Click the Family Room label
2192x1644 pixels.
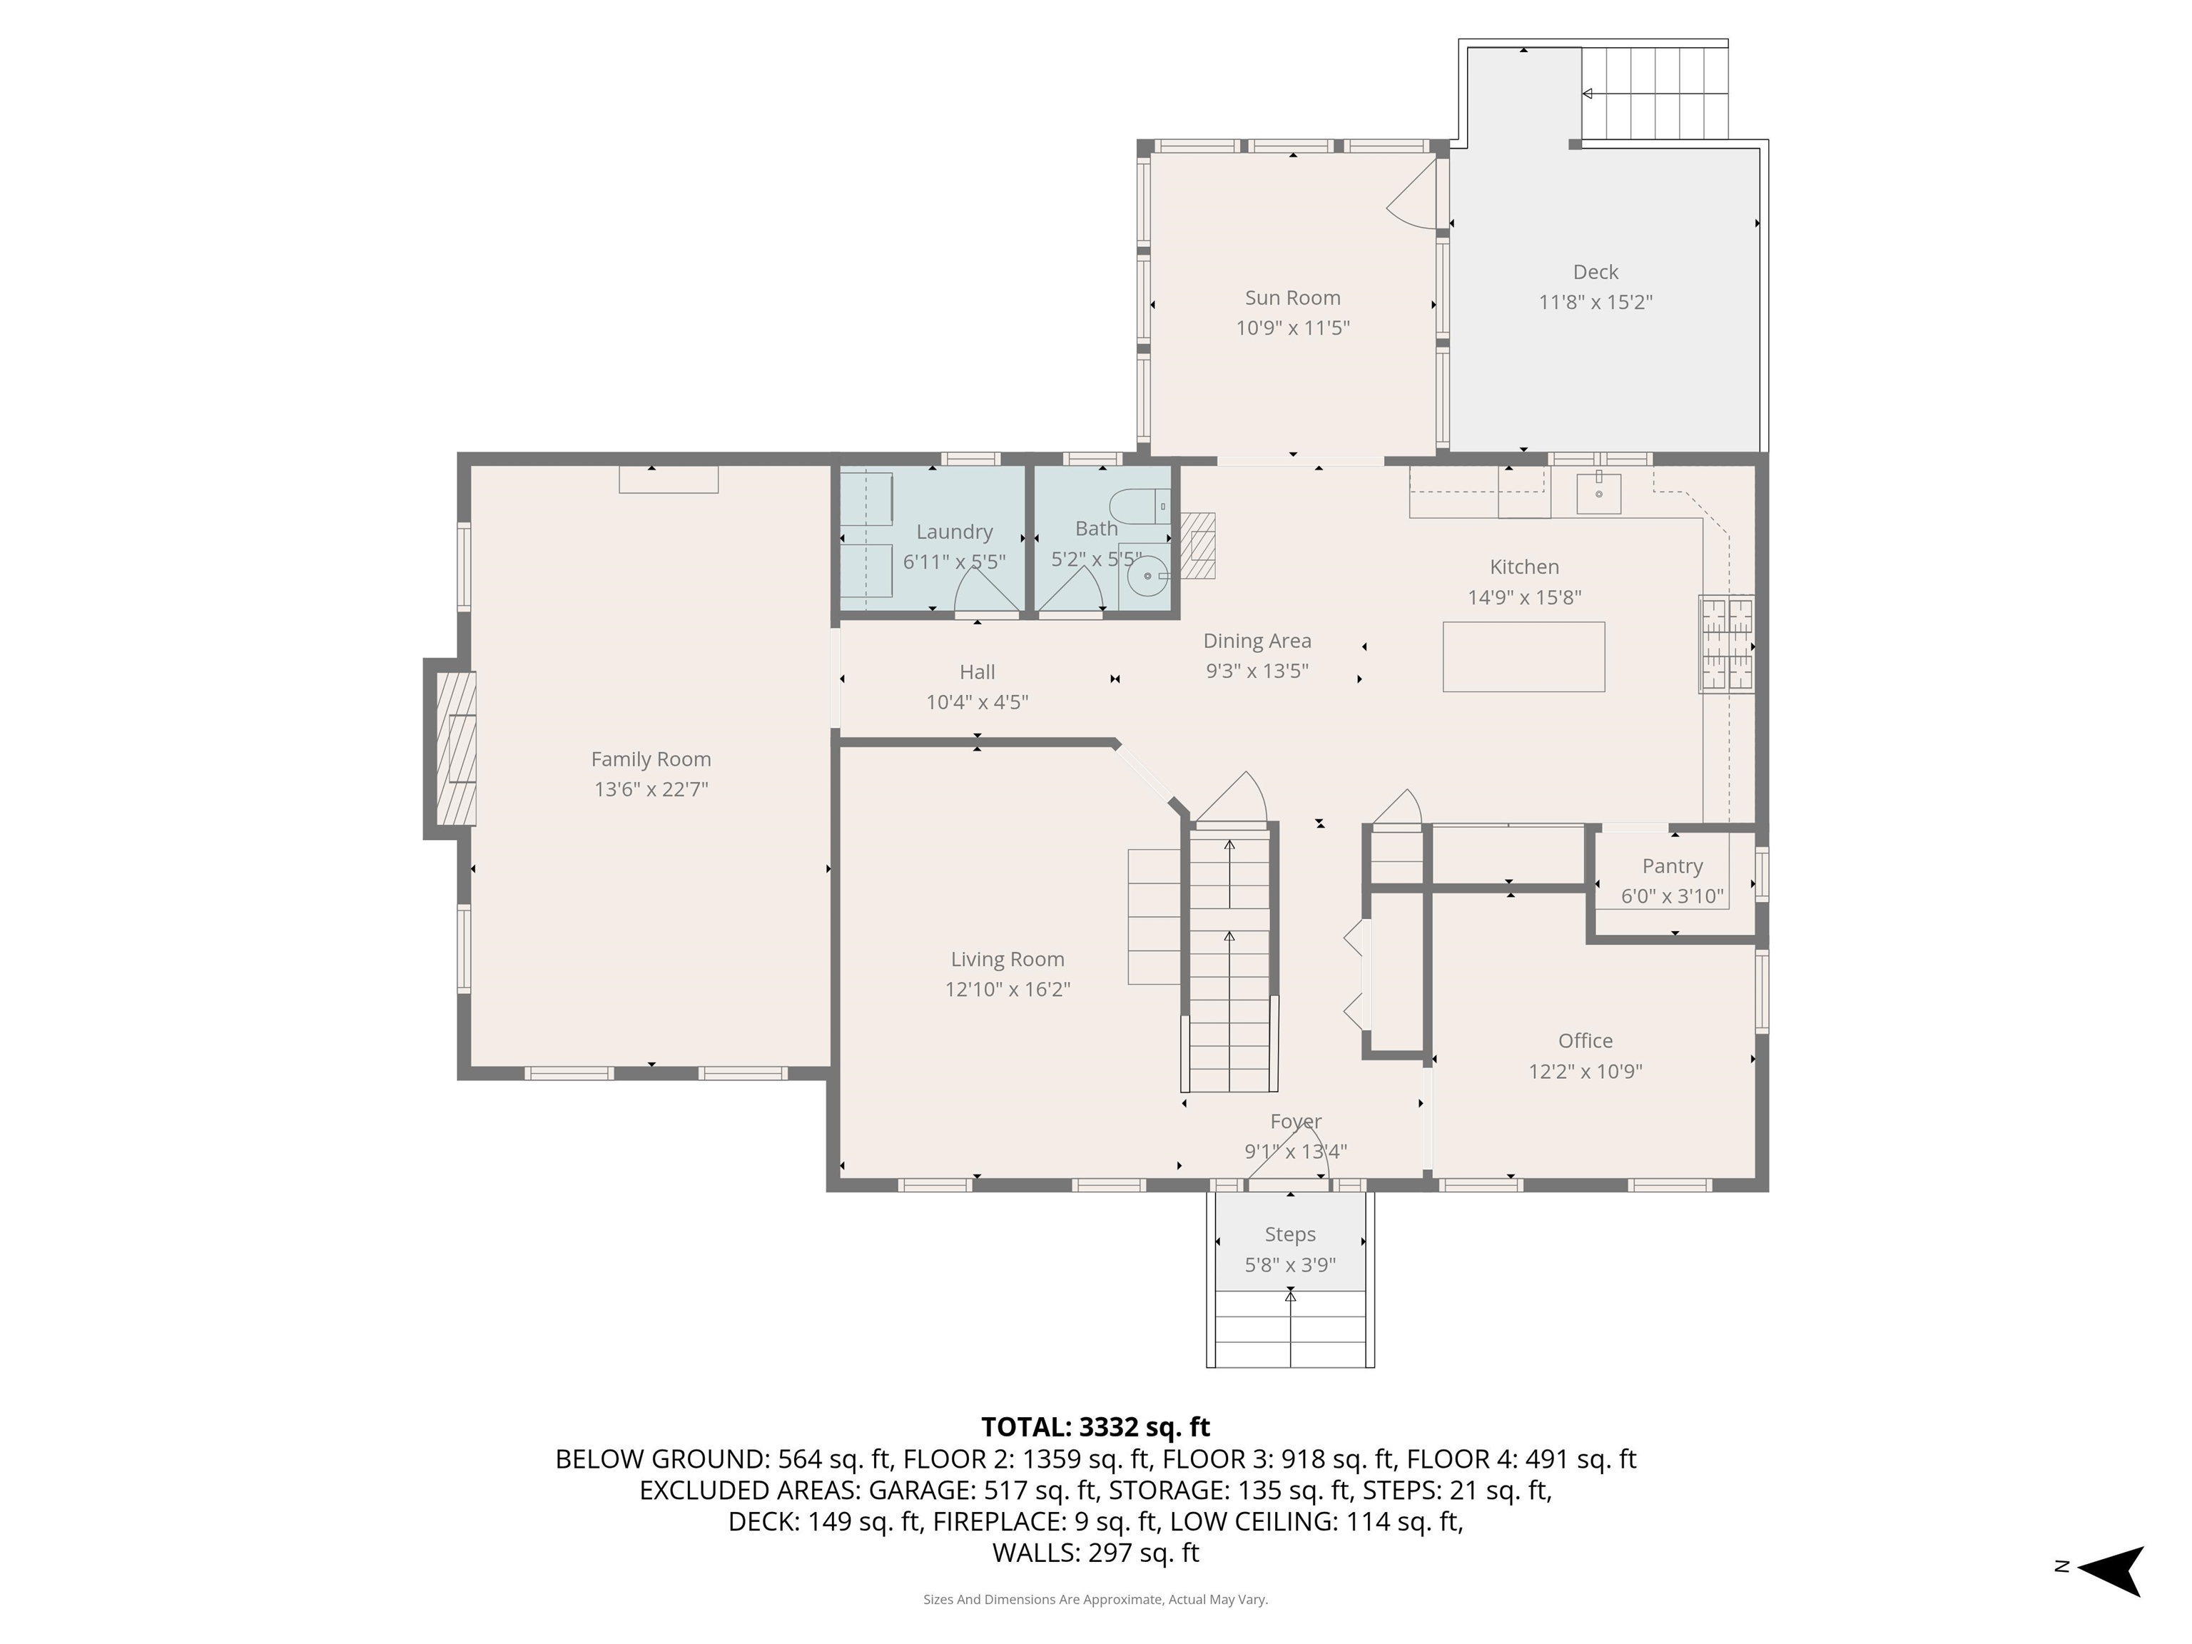(651, 759)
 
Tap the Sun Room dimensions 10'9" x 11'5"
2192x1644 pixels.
(1292, 328)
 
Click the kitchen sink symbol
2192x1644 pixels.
(1598, 492)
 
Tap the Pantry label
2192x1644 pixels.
(1672, 866)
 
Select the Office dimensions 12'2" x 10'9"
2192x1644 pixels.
(1585, 1071)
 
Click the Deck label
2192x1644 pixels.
(1595, 272)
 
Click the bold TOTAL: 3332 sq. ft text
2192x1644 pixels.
(1095, 1427)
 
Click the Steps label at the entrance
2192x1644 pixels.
(1289, 1234)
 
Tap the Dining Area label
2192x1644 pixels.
(1257, 641)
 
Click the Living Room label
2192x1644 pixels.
(1007, 959)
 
